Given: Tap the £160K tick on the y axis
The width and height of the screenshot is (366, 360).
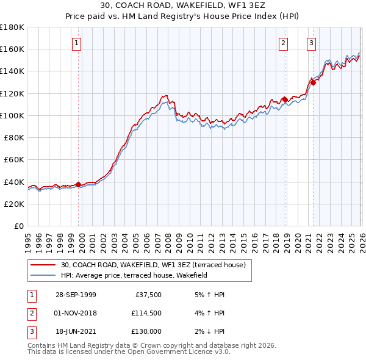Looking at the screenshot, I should pos(12,49).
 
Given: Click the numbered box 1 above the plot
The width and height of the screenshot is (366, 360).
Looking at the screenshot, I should pos(77,43).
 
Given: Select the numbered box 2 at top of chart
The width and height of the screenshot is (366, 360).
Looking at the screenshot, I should pos(284,43).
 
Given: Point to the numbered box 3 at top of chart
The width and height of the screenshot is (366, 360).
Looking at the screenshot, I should pos(311,43).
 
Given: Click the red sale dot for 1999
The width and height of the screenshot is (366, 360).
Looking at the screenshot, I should pos(78,184).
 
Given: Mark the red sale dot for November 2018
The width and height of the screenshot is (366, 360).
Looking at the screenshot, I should pos(284,99).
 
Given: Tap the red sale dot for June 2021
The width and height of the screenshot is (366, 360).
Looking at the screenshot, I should pos(313,82).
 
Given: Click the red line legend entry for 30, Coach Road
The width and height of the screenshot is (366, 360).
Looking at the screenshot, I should pos(152,265).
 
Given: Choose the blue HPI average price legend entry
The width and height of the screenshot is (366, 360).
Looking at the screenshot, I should pos(134,275).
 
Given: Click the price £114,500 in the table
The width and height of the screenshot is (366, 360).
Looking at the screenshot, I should pos(146,313).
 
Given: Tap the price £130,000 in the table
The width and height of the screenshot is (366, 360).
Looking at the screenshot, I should pos(146,331).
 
